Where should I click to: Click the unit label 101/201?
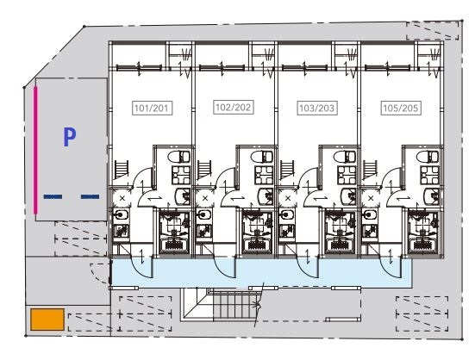click(152, 108)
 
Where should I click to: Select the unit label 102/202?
click(234, 107)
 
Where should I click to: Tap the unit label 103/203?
click(317, 108)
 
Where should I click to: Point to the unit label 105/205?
click(401, 108)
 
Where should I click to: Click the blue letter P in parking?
click(69, 137)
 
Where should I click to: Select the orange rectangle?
click(47, 320)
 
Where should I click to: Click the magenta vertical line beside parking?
click(35, 150)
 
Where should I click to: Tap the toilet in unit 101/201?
click(178, 157)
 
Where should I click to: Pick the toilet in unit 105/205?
click(428, 157)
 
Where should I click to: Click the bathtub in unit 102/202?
click(257, 245)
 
